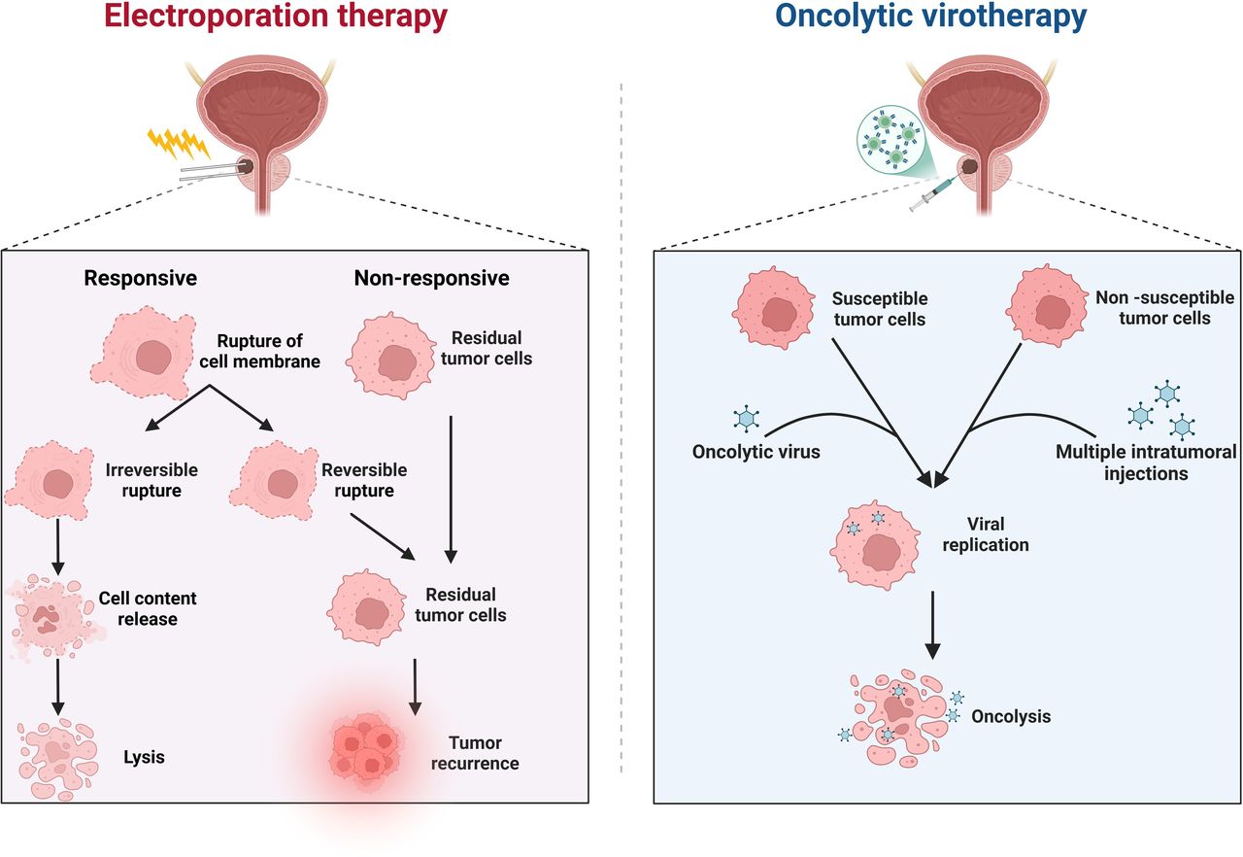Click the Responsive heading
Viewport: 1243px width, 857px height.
coord(141,278)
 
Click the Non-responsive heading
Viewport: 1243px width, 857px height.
coord(432,278)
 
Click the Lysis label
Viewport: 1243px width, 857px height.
coord(143,757)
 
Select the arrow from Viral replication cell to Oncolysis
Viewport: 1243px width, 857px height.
coord(932,622)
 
